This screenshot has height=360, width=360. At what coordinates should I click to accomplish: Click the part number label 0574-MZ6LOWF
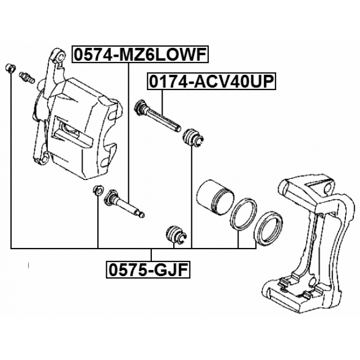pos(140,54)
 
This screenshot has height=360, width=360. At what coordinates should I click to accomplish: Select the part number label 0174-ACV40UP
pos(211,82)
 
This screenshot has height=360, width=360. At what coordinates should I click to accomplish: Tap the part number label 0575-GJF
pos(148,270)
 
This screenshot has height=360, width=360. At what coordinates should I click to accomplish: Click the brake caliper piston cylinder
pos(215,197)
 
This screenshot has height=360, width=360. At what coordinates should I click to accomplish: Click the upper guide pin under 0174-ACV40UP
pos(157,115)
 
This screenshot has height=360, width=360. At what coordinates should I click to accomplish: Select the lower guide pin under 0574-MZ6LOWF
pos(124,202)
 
